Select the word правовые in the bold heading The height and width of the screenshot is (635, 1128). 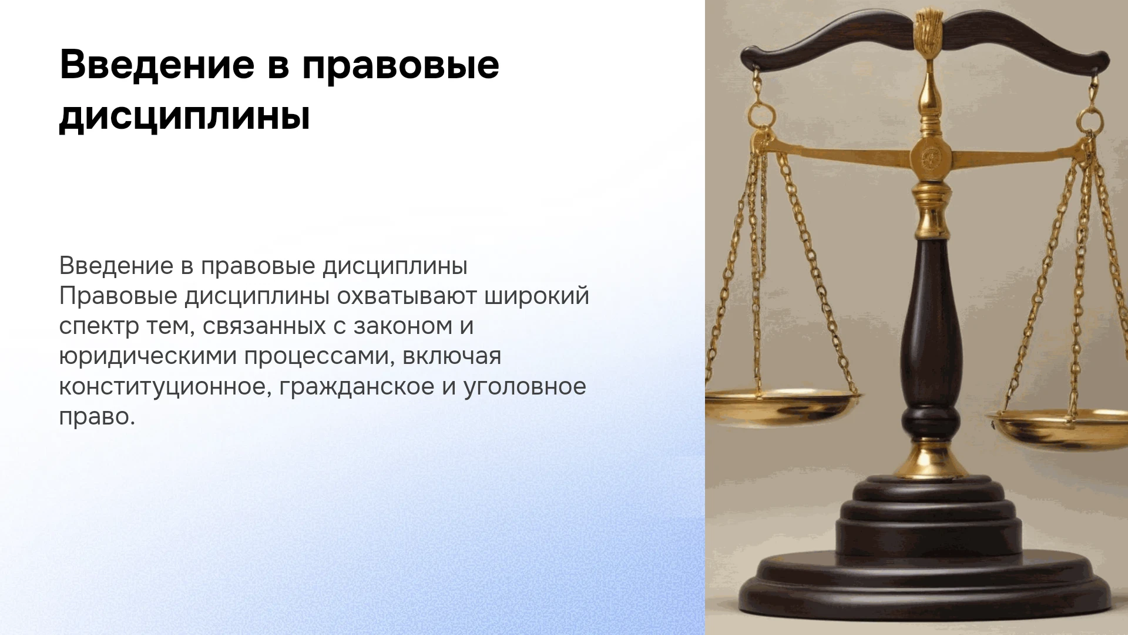coord(401,66)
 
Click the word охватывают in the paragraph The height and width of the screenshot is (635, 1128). coord(407,296)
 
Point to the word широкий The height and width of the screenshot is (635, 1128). coord(536,296)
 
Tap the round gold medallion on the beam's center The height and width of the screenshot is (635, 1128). coord(931,157)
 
